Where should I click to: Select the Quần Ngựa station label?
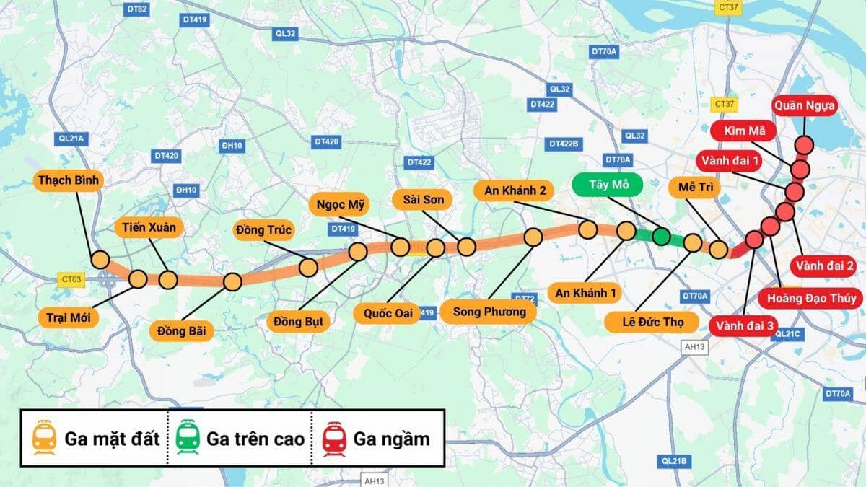[x=805, y=106]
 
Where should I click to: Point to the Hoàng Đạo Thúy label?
[x=811, y=298]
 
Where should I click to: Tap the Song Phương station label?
[x=489, y=312]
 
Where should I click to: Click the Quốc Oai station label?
[x=388, y=313]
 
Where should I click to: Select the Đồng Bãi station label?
[x=182, y=331]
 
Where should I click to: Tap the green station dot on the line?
[x=660, y=236]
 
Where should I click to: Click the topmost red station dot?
[x=805, y=145]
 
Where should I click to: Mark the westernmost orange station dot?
[x=100, y=260]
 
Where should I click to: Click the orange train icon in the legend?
[x=45, y=438]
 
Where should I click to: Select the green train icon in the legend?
[x=188, y=438]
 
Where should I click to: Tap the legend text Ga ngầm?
[x=391, y=439]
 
